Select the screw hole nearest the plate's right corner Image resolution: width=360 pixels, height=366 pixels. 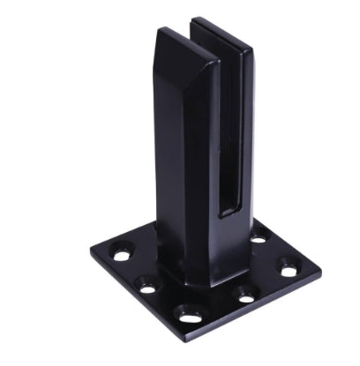click(287, 264)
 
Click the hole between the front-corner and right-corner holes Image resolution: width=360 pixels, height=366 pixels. click(244, 289)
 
